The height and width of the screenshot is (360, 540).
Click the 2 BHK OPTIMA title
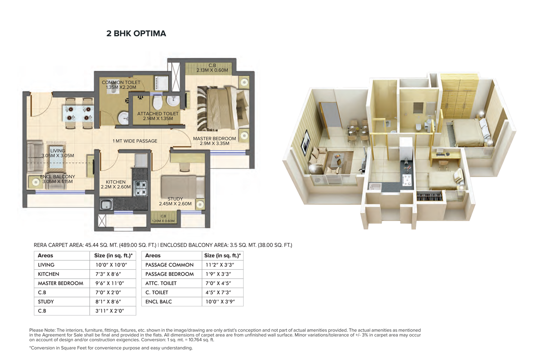[x=136, y=33]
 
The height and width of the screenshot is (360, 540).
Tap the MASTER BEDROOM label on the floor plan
[x=214, y=139]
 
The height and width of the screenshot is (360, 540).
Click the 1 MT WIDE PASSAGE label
[x=135, y=141]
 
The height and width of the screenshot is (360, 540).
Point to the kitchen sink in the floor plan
[x=106, y=204]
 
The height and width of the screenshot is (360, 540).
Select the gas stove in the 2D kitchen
[x=140, y=188]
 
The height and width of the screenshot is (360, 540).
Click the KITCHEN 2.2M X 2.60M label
[x=116, y=184]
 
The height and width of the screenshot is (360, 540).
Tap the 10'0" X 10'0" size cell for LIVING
[x=111, y=265]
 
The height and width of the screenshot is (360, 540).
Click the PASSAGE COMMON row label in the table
[x=169, y=265]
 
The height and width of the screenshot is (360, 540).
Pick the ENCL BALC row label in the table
[x=159, y=302]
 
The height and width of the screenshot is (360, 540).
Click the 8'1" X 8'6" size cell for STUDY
[x=108, y=302]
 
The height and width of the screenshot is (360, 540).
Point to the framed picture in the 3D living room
[x=305, y=142]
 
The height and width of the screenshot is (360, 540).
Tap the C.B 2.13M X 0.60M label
[x=212, y=68]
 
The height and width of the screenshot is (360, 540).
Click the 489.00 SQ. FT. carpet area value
[x=138, y=245]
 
